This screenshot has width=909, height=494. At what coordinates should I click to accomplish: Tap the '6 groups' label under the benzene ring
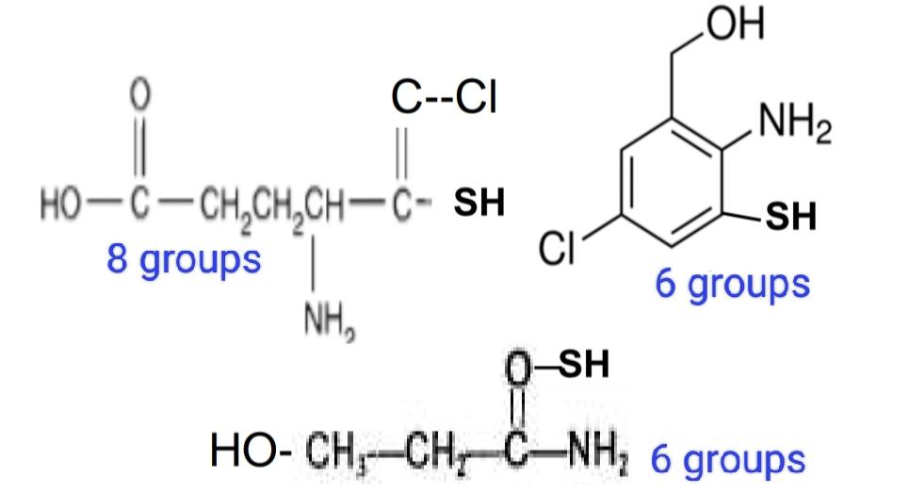[732, 283]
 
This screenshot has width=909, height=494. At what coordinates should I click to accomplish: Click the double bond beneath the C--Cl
[399, 153]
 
